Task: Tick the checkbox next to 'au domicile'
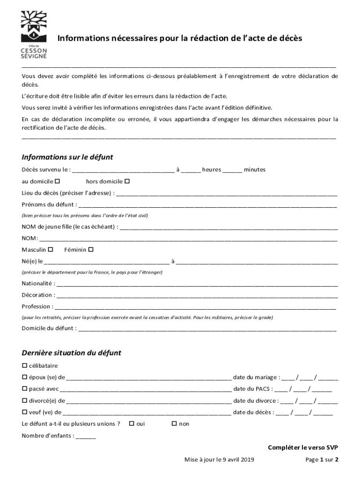click(58, 181)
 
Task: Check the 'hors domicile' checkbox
click(127, 181)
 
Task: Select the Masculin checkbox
click(51, 250)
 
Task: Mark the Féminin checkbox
click(91, 250)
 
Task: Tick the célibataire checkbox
click(24, 365)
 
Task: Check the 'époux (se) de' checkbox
click(24, 377)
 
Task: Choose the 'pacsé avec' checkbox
click(24, 389)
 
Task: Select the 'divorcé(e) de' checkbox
click(24, 400)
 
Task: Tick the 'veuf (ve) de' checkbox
click(24, 412)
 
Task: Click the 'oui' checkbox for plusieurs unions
click(131, 424)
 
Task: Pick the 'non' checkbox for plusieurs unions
click(174, 424)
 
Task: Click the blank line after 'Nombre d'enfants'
click(86, 436)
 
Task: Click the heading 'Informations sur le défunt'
click(67, 157)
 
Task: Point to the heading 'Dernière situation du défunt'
click(72, 353)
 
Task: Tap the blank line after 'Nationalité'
click(196, 284)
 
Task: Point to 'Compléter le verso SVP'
click(303, 448)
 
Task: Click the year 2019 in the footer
click(246, 460)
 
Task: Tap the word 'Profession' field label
click(36, 307)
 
